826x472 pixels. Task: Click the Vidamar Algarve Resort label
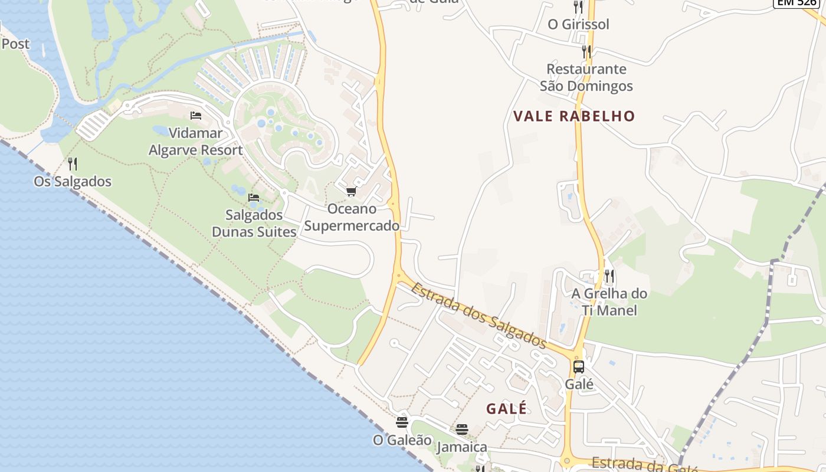pyautogui.click(x=195, y=142)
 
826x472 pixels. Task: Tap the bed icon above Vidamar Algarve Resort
pyautogui.click(x=196, y=115)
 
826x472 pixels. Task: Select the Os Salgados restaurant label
pyautogui.click(x=73, y=181)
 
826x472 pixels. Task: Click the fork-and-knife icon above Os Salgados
pyautogui.click(x=73, y=163)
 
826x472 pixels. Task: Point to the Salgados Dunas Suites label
pyautogui.click(x=254, y=223)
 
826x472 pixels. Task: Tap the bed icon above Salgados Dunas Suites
pyautogui.click(x=254, y=197)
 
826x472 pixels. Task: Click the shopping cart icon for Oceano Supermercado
pyautogui.click(x=352, y=191)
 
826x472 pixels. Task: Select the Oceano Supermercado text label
pyautogui.click(x=352, y=217)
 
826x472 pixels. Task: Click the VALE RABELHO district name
pyautogui.click(x=574, y=116)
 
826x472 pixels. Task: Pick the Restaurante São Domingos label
pyautogui.click(x=586, y=77)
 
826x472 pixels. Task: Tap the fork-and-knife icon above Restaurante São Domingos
pyautogui.click(x=586, y=52)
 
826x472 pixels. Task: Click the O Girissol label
pyautogui.click(x=578, y=24)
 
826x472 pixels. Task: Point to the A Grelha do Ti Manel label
pyautogui.click(x=609, y=301)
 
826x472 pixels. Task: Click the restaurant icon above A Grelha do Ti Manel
pyautogui.click(x=609, y=276)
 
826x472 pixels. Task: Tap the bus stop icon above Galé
pyautogui.click(x=578, y=367)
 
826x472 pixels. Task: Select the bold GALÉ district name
pyautogui.click(x=506, y=408)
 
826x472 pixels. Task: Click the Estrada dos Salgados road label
pyautogui.click(x=478, y=315)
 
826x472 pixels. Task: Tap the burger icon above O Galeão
pyautogui.click(x=402, y=422)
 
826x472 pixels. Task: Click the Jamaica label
pyautogui.click(x=462, y=447)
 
